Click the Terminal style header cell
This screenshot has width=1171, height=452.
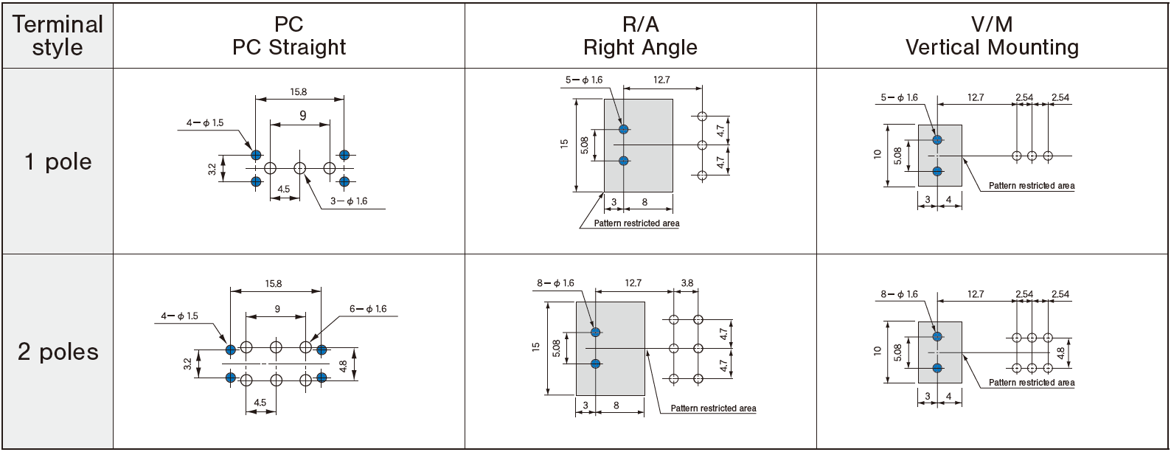pyautogui.click(x=58, y=35)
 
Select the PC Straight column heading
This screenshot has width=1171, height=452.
pyautogui.click(x=288, y=35)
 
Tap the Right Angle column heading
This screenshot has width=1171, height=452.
pyautogui.click(x=640, y=35)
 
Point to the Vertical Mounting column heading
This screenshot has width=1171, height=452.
pyautogui.click(x=992, y=35)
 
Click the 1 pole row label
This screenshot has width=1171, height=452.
pyautogui.click(x=58, y=161)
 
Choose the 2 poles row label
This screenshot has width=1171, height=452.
pyautogui.click(x=58, y=352)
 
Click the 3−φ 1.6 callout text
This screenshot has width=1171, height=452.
pyautogui.click(x=348, y=201)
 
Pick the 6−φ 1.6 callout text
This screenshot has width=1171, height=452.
pyautogui.click(x=368, y=309)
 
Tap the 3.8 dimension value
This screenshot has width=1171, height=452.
pyautogui.click(x=687, y=283)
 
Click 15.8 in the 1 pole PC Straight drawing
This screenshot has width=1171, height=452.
pyautogui.click(x=298, y=92)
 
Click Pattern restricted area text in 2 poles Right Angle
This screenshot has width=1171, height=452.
pyautogui.click(x=713, y=408)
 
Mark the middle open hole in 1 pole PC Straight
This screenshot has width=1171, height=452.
pyautogui.click(x=299, y=168)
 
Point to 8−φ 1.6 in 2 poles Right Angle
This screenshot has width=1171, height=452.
pyautogui.click(x=555, y=283)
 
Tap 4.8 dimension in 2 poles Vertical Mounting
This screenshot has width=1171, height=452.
pyautogui.click(x=1060, y=353)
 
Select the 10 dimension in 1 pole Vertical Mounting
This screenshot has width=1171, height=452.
pyautogui.click(x=878, y=154)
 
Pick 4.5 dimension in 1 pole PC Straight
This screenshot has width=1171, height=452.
pyautogui.click(x=283, y=190)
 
